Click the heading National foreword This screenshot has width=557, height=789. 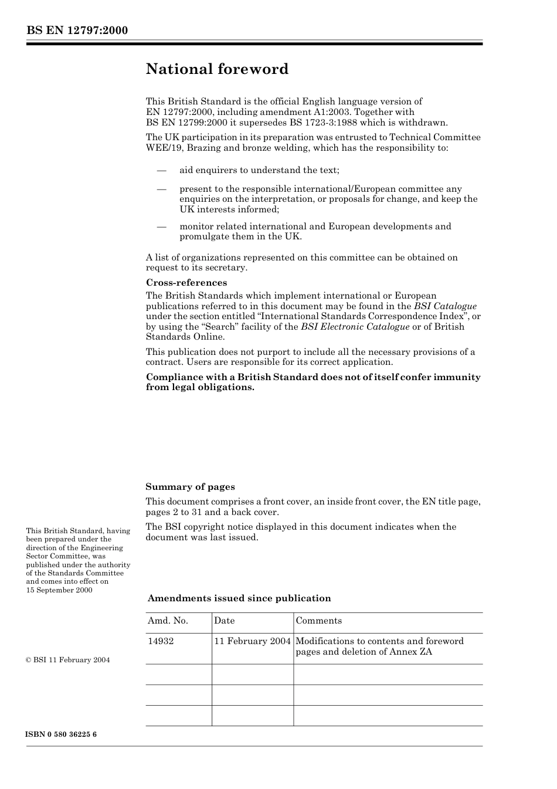coord(217,69)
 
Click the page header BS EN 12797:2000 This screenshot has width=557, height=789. coord(77,31)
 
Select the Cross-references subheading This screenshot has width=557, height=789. coord(186,283)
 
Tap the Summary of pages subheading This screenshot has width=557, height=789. coord(190,487)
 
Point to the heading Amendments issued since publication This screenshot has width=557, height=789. coord(239,598)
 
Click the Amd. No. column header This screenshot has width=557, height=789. coord(168,621)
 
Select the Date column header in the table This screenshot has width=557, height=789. coord(224,621)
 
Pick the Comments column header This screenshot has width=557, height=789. coord(318,621)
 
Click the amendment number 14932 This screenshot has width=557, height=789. coord(161,641)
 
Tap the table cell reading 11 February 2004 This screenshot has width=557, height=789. coord(252,641)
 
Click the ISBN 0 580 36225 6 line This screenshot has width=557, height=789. coord(62,734)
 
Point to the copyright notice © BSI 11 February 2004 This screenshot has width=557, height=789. coord(68,660)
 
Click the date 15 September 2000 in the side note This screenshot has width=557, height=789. coord(59,590)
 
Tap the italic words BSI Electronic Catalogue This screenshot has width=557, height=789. coord(355,327)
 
